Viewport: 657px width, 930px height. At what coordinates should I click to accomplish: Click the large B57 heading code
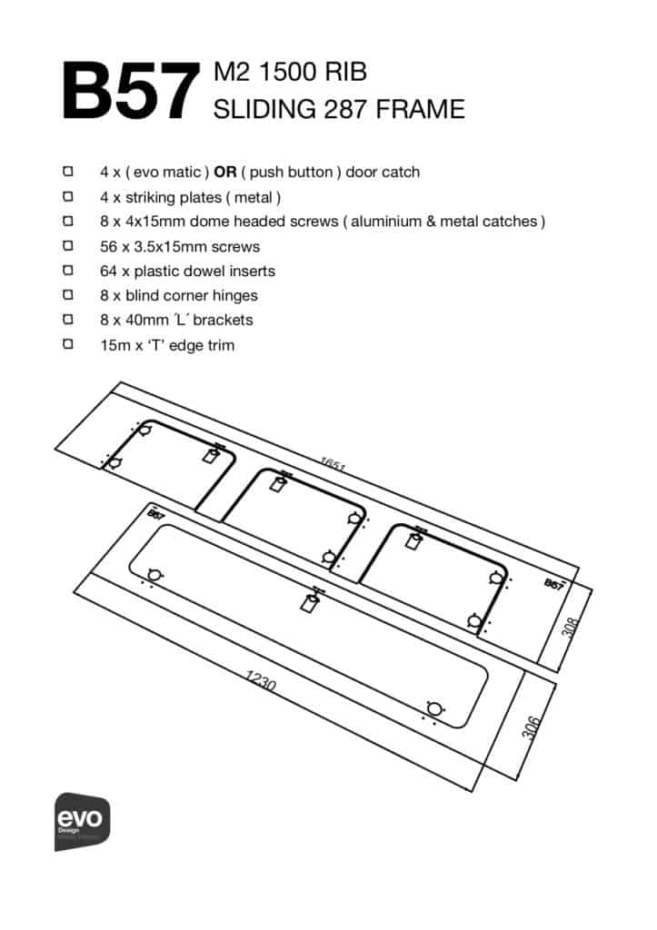pyautogui.click(x=130, y=91)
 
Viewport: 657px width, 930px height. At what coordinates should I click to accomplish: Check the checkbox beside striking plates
pyautogui.click(x=68, y=196)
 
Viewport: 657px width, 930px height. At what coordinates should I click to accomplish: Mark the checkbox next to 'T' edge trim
pyautogui.click(x=68, y=344)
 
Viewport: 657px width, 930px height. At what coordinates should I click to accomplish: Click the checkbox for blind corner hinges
pyautogui.click(x=68, y=295)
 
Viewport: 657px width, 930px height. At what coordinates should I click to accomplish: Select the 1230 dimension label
pyautogui.click(x=261, y=680)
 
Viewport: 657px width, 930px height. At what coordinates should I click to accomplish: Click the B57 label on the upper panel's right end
pyautogui.click(x=554, y=585)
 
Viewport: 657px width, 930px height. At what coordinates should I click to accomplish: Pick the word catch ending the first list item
pyautogui.click(x=402, y=172)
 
